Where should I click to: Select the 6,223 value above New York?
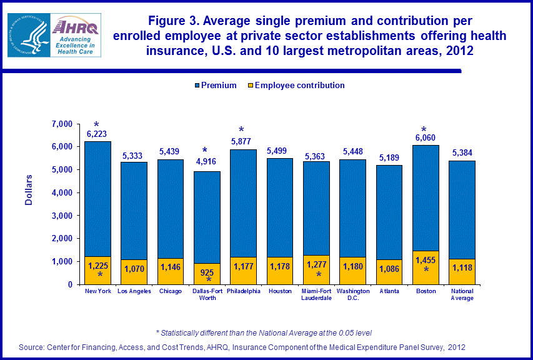pos(97,134)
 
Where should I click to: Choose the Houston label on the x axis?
pos(279,291)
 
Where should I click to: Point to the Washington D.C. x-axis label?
pos(353,294)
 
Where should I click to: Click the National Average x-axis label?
pos(461,294)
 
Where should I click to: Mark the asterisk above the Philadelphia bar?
pos(242,130)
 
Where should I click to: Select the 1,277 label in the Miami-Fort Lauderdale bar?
pos(316,262)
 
